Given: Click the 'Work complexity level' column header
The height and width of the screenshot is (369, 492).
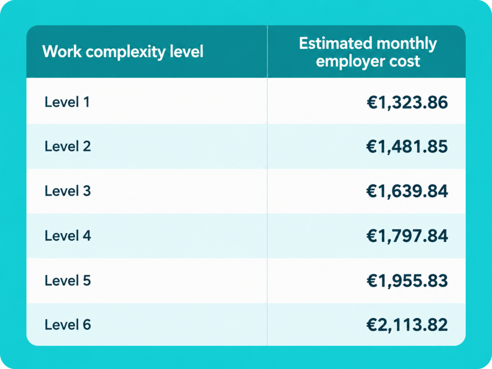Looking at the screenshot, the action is point(123,52).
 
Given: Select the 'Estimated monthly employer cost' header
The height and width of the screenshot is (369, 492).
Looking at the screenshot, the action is point(368,52).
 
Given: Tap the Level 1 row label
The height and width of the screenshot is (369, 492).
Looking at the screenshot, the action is point(67,102).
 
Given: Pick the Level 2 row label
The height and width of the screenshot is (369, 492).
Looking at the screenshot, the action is point(68,146).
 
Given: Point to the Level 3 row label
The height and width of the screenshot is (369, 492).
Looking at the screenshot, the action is point(68,191).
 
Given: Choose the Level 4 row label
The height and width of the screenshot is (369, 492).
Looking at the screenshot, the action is point(68,235).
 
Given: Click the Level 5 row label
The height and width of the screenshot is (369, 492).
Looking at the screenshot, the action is point(68,280).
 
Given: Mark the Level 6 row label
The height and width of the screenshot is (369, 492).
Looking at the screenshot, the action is point(68,324).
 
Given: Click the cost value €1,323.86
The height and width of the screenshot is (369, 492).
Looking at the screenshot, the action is point(407,103).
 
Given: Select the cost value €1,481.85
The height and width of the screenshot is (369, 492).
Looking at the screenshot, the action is point(407,147).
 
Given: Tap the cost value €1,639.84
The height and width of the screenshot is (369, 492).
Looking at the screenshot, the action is point(407,191).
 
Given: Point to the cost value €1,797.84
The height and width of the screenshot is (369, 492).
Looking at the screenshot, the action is point(407,236).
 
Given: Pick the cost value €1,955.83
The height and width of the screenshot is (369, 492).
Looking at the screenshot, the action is point(407,281).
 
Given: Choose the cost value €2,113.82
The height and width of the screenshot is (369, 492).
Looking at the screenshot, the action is point(407,325).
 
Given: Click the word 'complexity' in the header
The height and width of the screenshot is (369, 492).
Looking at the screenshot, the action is point(125,53).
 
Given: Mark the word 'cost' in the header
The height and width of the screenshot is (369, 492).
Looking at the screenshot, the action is point(405,61).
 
